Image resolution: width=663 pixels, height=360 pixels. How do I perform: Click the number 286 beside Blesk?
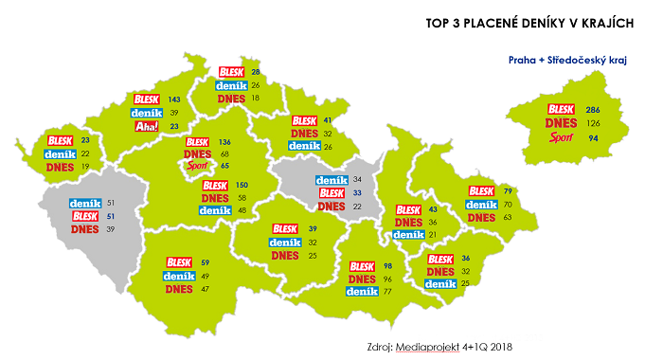point(594,111)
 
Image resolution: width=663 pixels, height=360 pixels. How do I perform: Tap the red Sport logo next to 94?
point(562,138)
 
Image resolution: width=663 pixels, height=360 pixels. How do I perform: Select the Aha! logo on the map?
point(148,126)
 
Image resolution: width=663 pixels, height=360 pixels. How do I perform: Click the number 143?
point(173,99)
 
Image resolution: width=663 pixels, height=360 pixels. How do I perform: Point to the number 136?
point(224,142)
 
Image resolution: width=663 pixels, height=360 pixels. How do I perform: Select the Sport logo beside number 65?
point(197,166)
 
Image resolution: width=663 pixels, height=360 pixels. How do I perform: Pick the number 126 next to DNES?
point(594,124)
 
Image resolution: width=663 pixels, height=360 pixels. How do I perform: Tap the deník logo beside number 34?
point(332,180)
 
